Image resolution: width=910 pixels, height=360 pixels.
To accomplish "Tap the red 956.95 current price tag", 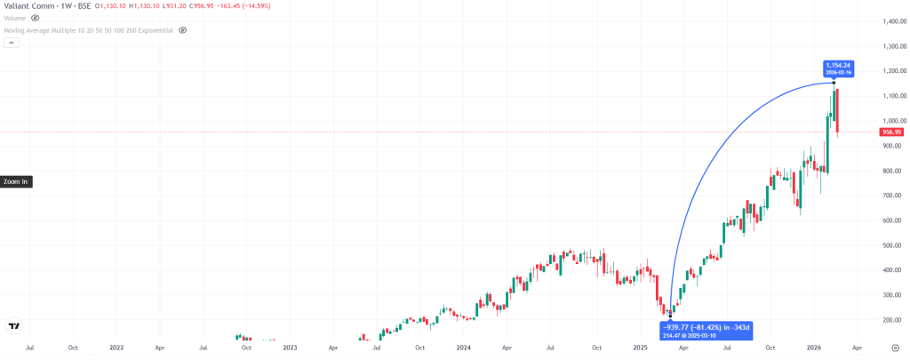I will pyautogui.click(x=891, y=132).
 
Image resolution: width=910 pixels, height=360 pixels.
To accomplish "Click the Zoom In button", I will pyautogui.click(x=16, y=181).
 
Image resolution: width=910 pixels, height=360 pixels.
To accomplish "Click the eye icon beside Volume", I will pyautogui.click(x=36, y=17).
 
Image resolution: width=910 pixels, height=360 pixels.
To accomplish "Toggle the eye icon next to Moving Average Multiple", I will pyautogui.click(x=182, y=29).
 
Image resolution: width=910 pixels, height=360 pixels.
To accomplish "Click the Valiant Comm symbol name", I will pyautogui.click(x=24, y=5).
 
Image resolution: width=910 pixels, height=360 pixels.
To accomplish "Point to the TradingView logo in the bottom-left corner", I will pyautogui.click(x=14, y=326).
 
